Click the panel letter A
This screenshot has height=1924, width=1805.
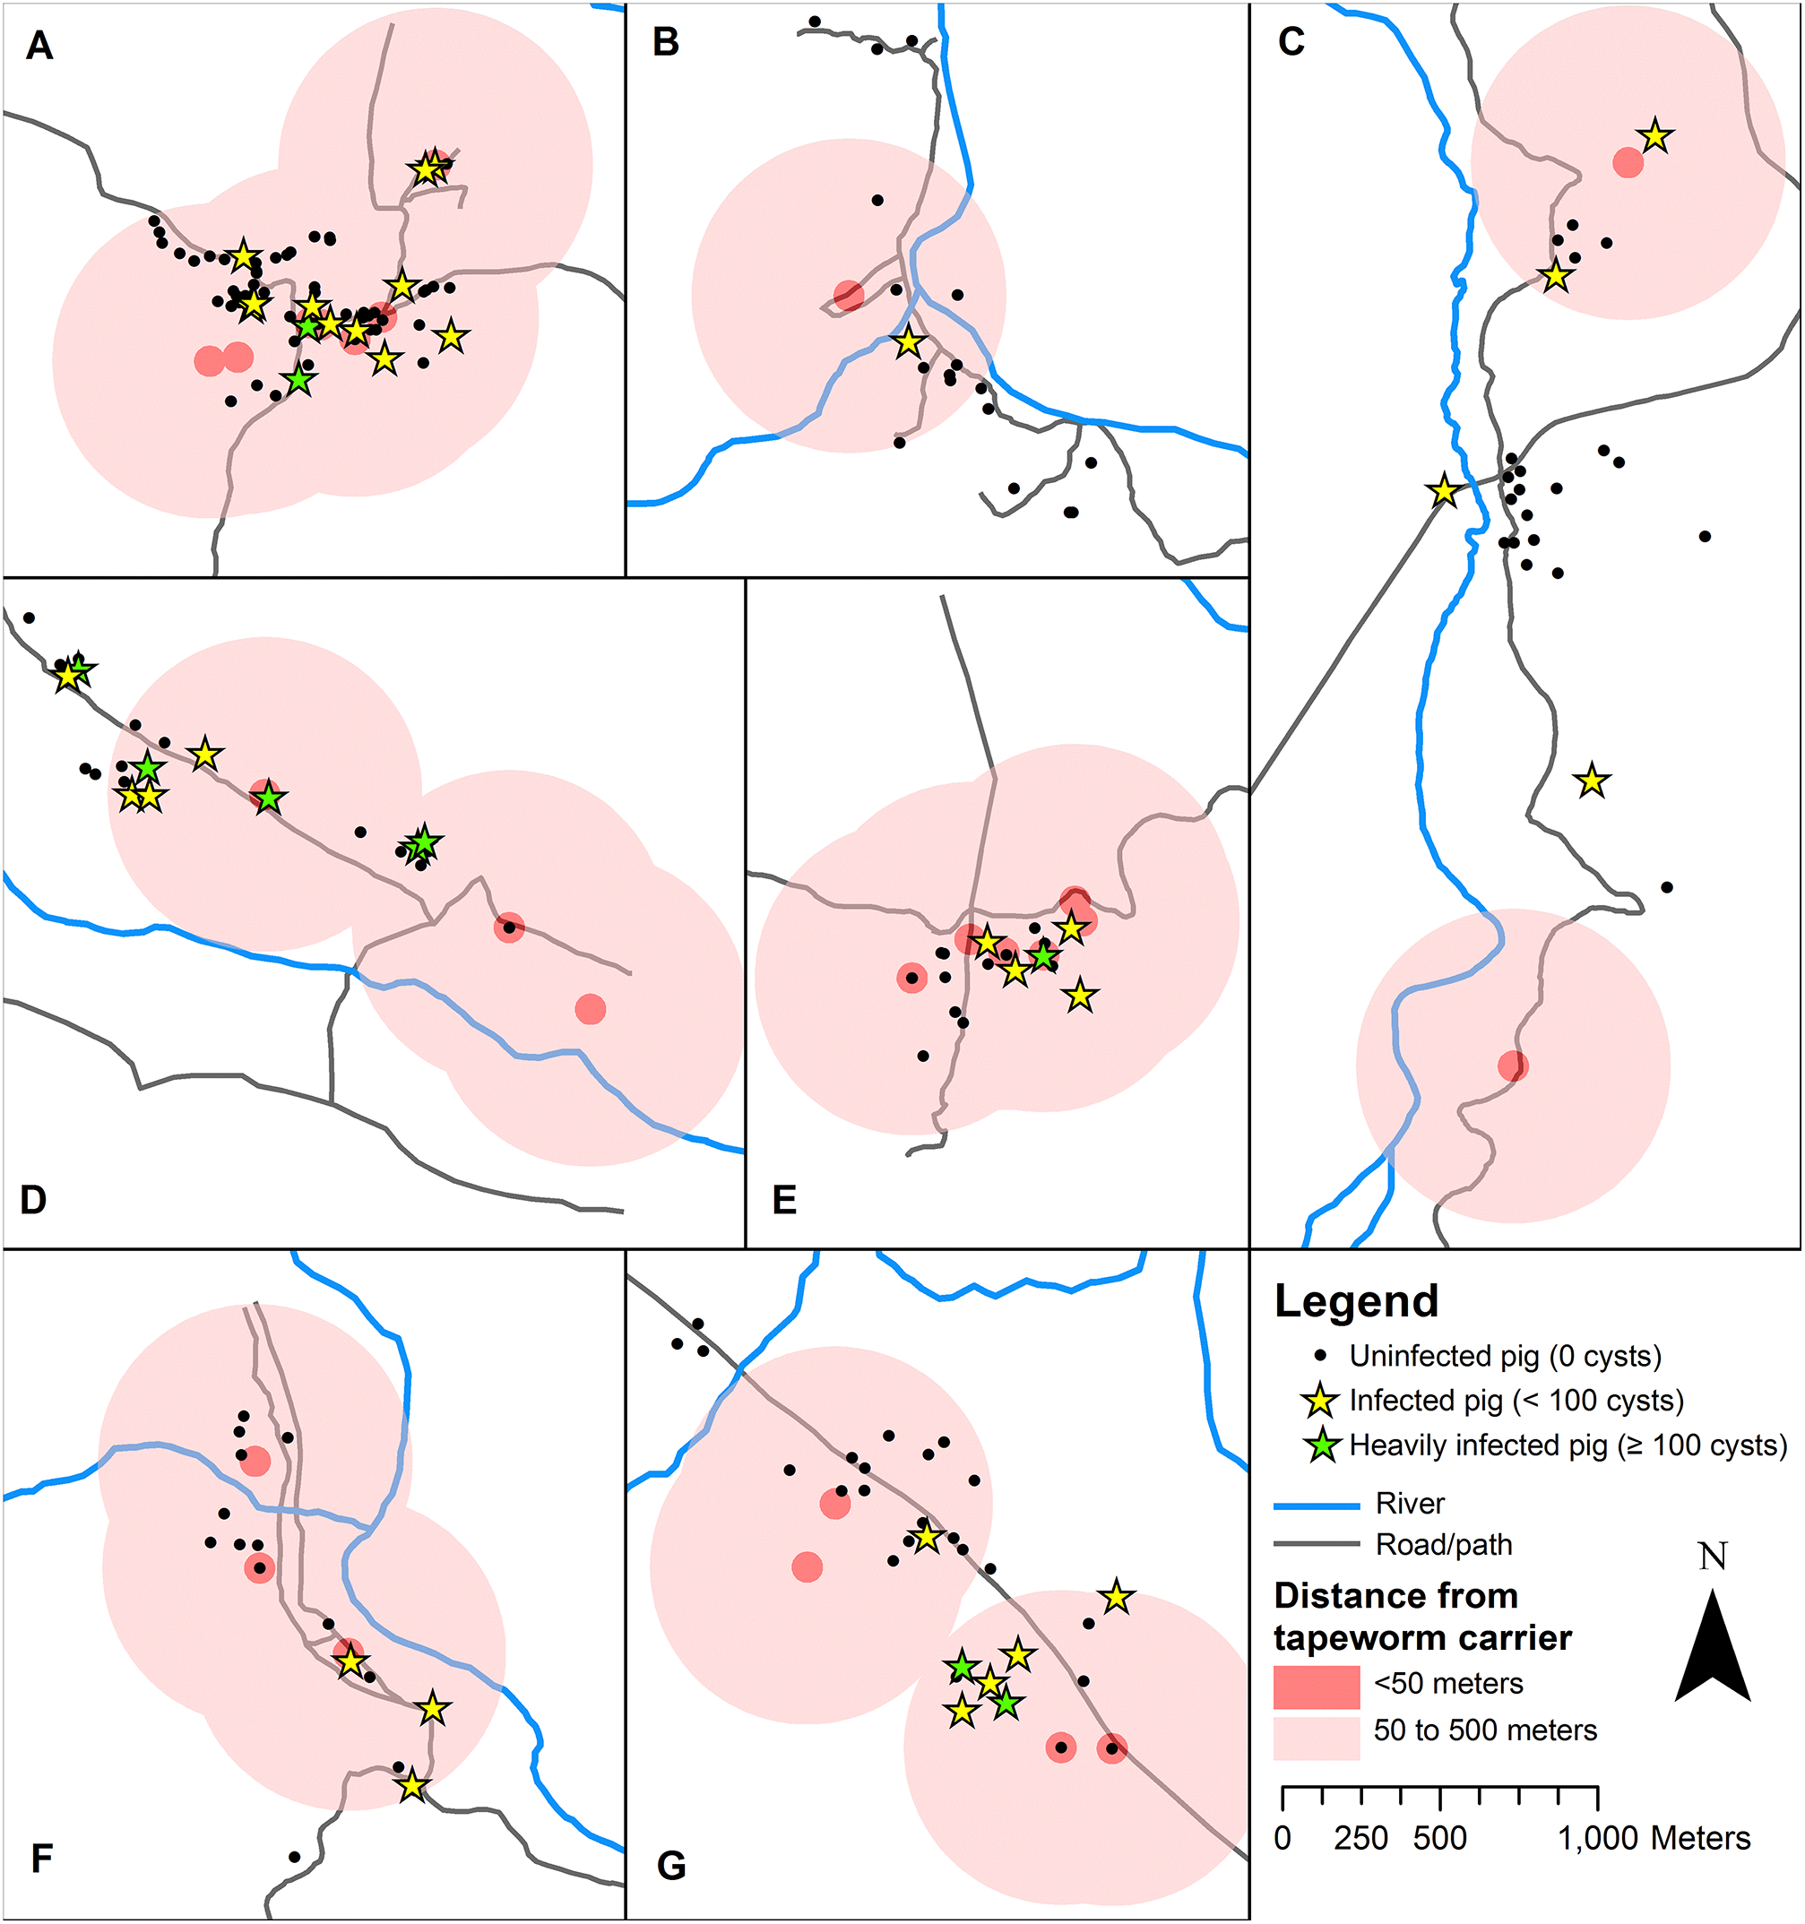[39, 46]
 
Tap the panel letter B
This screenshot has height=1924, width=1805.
[666, 43]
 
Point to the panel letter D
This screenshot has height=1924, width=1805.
[33, 1199]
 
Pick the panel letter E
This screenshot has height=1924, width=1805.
[784, 1200]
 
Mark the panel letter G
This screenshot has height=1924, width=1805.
[670, 1865]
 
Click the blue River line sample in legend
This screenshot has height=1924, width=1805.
[1317, 1506]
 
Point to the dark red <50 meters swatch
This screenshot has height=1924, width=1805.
[1317, 1687]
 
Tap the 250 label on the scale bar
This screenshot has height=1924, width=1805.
[1360, 1838]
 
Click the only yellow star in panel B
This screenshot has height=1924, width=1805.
[908, 341]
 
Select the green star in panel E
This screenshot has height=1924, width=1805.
[1042, 956]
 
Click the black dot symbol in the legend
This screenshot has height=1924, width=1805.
[1320, 1356]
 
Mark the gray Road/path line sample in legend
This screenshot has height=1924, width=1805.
[1317, 1545]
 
